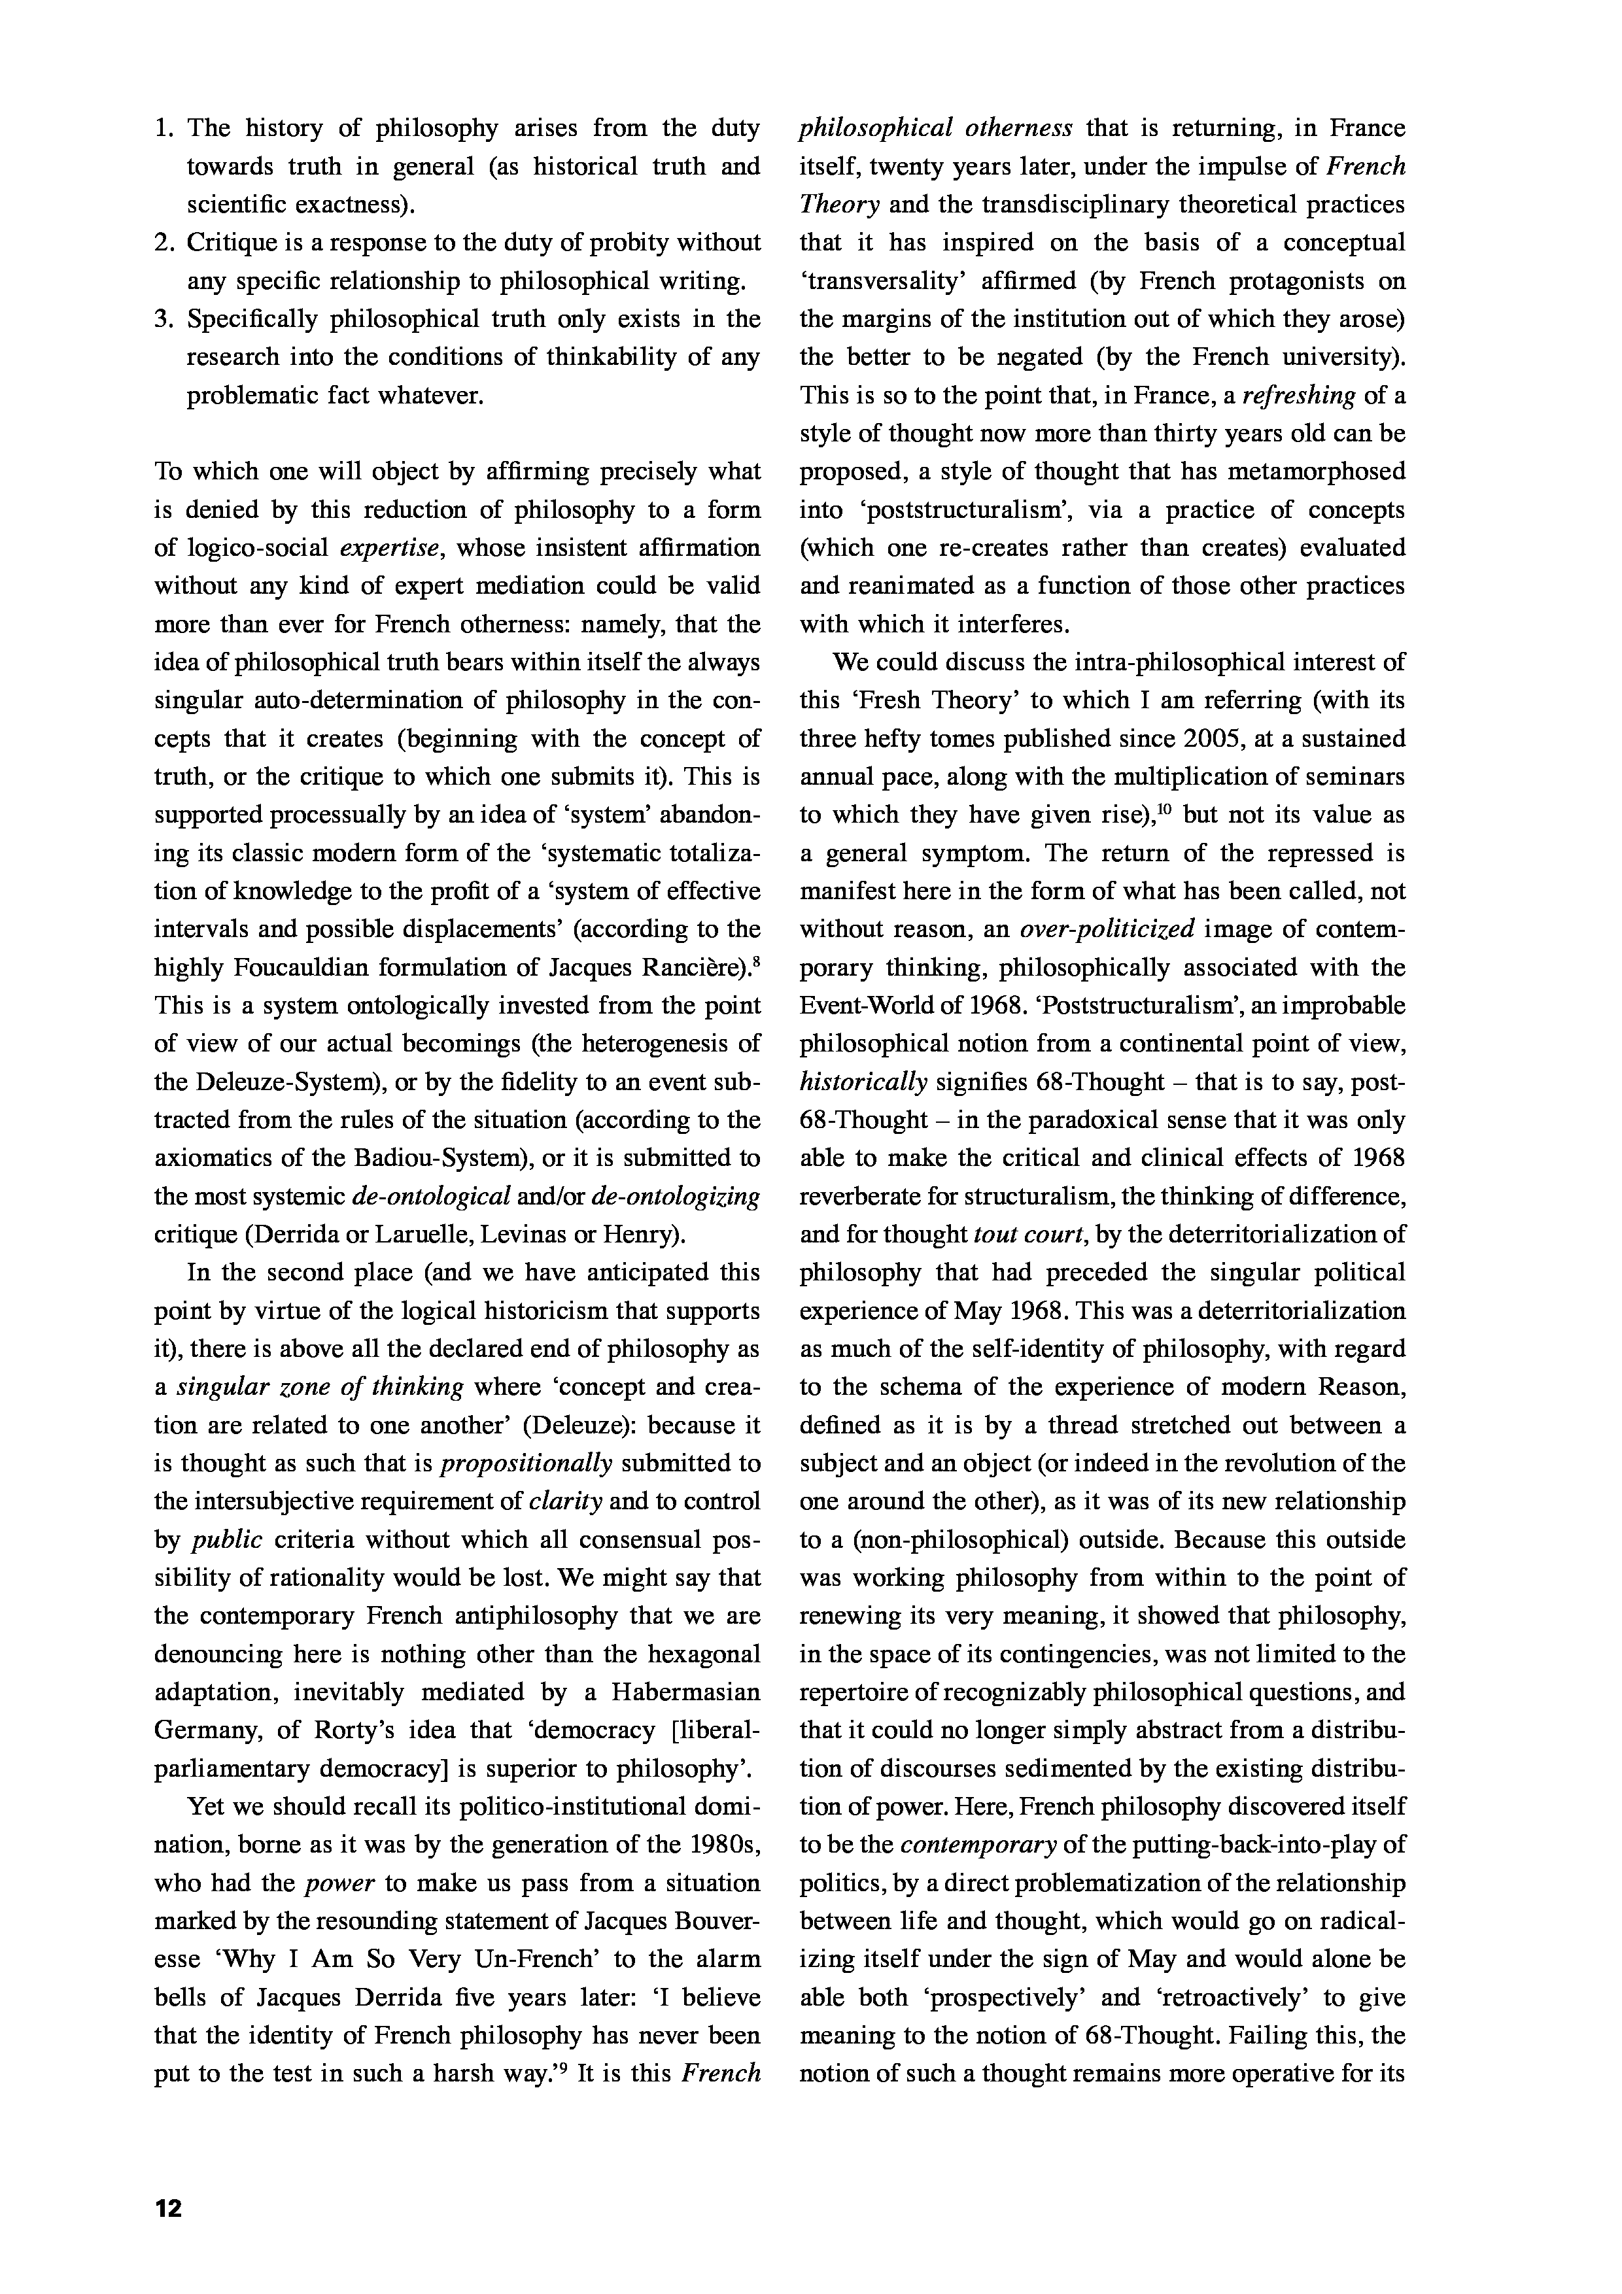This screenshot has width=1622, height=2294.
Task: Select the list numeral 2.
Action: (163, 243)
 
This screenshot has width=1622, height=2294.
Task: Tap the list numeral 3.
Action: (163, 320)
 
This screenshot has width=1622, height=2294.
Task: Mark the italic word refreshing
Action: (1297, 396)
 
